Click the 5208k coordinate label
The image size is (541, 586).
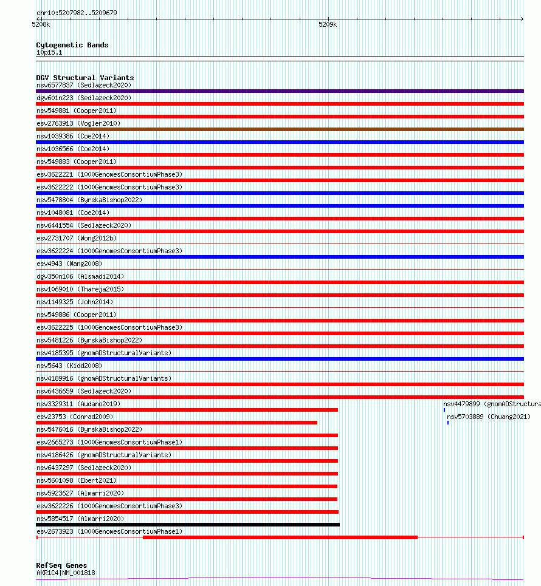click(41, 24)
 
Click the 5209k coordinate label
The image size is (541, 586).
click(328, 24)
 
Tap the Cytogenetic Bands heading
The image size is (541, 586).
click(72, 45)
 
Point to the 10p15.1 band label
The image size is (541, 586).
click(49, 52)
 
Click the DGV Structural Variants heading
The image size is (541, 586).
click(84, 78)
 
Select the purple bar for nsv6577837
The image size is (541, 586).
click(280, 91)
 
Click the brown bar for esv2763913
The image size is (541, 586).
click(280, 129)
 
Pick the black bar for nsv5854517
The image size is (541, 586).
click(188, 525)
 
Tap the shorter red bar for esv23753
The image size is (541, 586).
click(176, 423)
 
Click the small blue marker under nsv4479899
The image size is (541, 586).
click(444, 411)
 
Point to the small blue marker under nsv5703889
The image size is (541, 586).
click(448, 423)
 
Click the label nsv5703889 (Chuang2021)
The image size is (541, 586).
click(489, 417)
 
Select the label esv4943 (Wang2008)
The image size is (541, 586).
click(69, 264)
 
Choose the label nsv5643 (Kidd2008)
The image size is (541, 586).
click(69, 366)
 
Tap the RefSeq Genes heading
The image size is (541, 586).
click(61, 565)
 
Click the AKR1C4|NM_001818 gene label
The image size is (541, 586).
click(66, 573)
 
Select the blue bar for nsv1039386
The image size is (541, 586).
click(280, 142)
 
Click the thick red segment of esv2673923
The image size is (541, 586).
click(280, 537)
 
